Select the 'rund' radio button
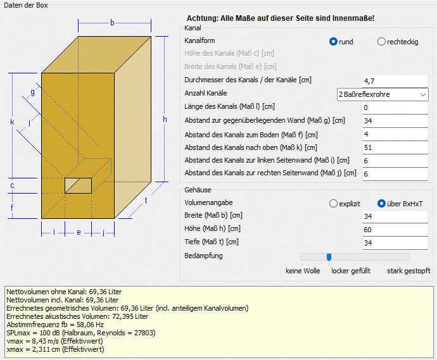click(x=333, y=42)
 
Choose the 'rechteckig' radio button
click(x=381, y=42)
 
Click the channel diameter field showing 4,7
click(x=395, y=81)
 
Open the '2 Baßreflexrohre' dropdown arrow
click(x=423, y=94)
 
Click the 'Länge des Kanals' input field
click(x=395, y=108)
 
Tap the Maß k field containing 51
click(x=395, y=147)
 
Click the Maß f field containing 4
click(x=395, y=134)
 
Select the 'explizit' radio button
click(x=333, y=204)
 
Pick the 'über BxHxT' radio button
click(x=381, y=204)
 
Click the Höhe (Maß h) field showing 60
click(x=395, y=230)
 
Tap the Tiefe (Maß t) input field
click(x=395, y=243)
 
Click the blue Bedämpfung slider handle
click(x=329, y=257)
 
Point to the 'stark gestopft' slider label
click(x=408, y=271)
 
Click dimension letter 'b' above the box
click(x=112, y=23)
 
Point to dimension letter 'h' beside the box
click(x=165, y=120)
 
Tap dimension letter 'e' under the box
click(x=79, y=232)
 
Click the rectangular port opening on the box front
click(x=79, y=185)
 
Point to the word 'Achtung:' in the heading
click(x=203, y=18)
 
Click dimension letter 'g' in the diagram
click(x=32, y=92)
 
